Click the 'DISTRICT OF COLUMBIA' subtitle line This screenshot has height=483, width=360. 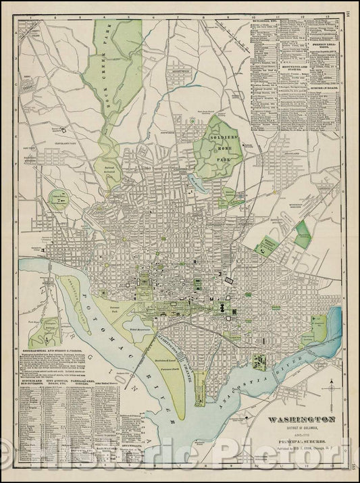(294, 426)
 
